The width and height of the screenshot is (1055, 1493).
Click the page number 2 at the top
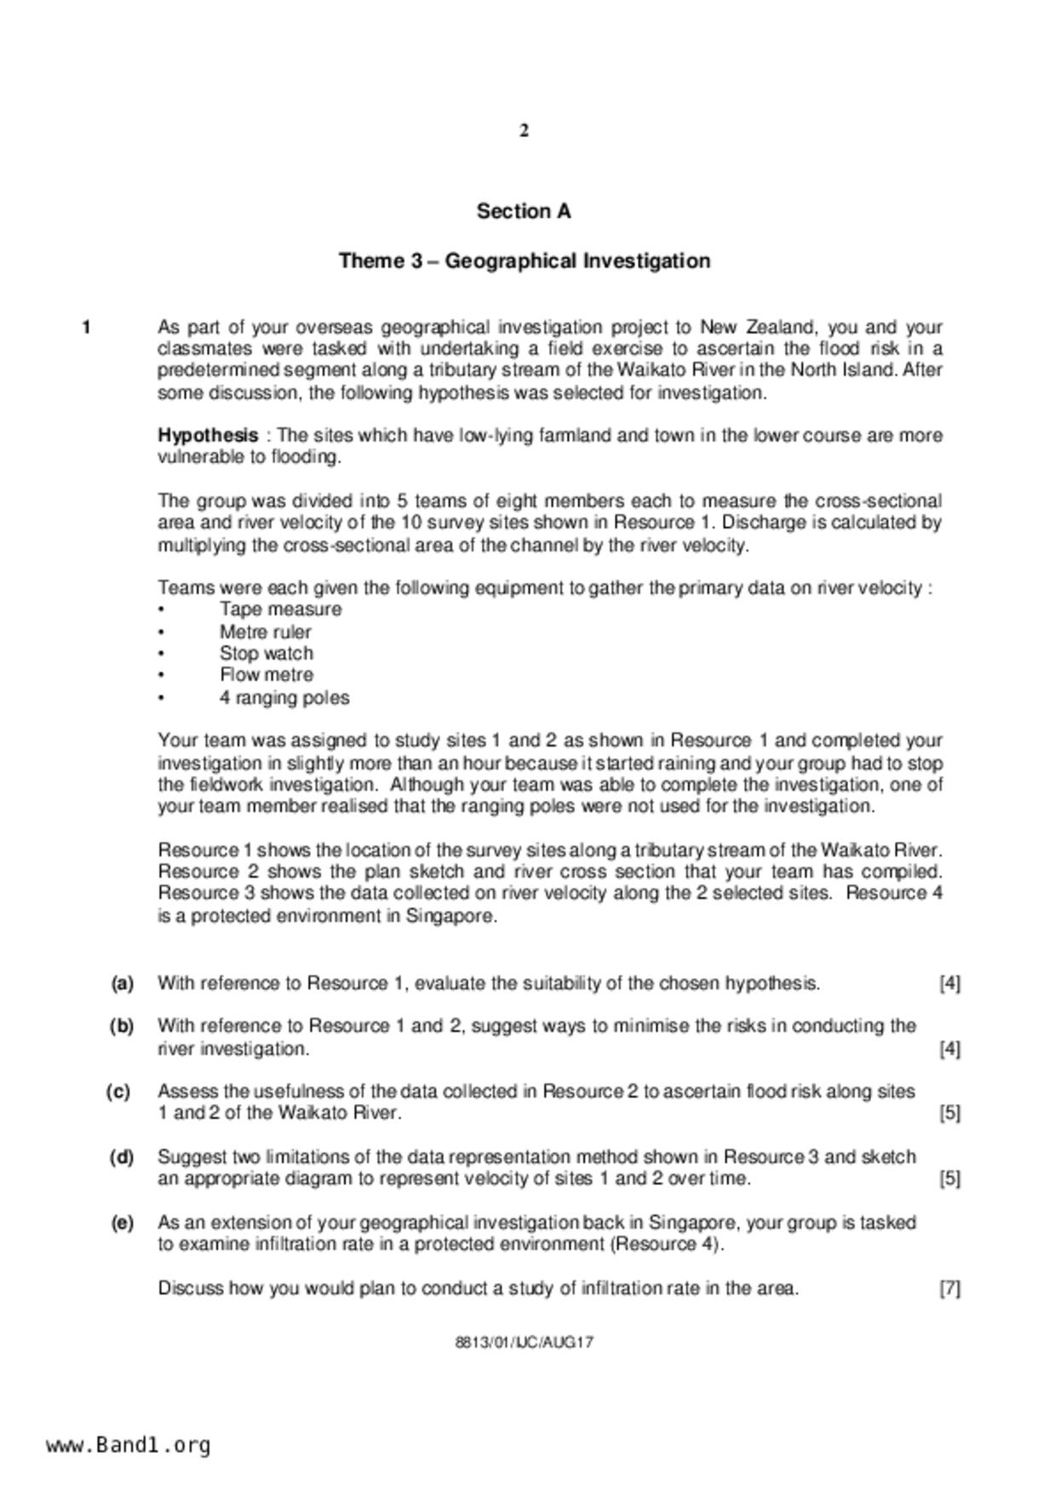click(525, 131)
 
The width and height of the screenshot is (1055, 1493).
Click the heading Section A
click(524, 211)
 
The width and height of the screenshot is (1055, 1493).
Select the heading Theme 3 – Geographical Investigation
click(525, 260)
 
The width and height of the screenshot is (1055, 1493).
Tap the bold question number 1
click(86, 328)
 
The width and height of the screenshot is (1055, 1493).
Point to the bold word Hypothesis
click(208, 436)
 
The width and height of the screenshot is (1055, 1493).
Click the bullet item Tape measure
click(280, 609)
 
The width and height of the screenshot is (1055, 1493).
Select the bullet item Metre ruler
click(265, 632)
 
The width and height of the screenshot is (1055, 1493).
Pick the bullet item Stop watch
click(266, 654)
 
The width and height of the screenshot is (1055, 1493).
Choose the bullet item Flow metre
click(266, 675)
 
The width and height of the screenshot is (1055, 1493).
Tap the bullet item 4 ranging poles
click(284, 698)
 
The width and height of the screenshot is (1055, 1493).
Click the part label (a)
click(122, 984)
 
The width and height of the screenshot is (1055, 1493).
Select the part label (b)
click(122, 1027)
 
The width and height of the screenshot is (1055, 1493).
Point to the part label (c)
click(118, 1091)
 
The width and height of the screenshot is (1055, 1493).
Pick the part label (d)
click(122, 1158)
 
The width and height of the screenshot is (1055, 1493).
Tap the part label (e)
click(122, 1223)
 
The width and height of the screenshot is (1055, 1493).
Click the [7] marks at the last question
click(949, 1289)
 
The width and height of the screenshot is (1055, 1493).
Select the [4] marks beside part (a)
click(949, 984)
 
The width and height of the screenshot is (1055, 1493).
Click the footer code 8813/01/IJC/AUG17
click(525, 1343)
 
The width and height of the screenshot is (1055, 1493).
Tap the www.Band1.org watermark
click(128, 1445)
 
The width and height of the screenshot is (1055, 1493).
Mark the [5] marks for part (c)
click(949, 1113)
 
